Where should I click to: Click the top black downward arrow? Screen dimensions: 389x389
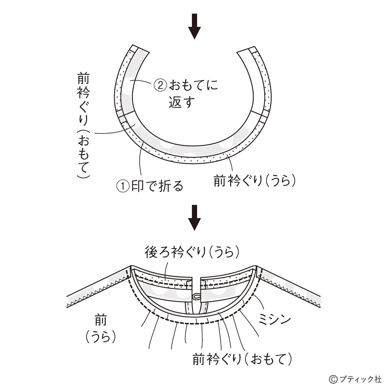point(194,26)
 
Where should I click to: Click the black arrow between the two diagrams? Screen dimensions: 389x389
point(194,218)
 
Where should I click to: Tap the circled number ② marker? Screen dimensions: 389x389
point(160,85)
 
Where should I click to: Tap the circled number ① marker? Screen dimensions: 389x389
point(123,186)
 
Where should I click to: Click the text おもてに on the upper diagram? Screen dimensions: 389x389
point(194,85)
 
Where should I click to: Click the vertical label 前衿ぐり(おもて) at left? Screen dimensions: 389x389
point(83,125)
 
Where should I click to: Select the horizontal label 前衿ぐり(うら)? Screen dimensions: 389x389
point(255,180)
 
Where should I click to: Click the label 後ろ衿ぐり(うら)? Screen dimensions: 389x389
point(192,253)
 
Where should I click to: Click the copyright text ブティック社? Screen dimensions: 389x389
point(360,379)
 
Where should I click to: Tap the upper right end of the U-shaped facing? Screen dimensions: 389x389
point(247,50)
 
